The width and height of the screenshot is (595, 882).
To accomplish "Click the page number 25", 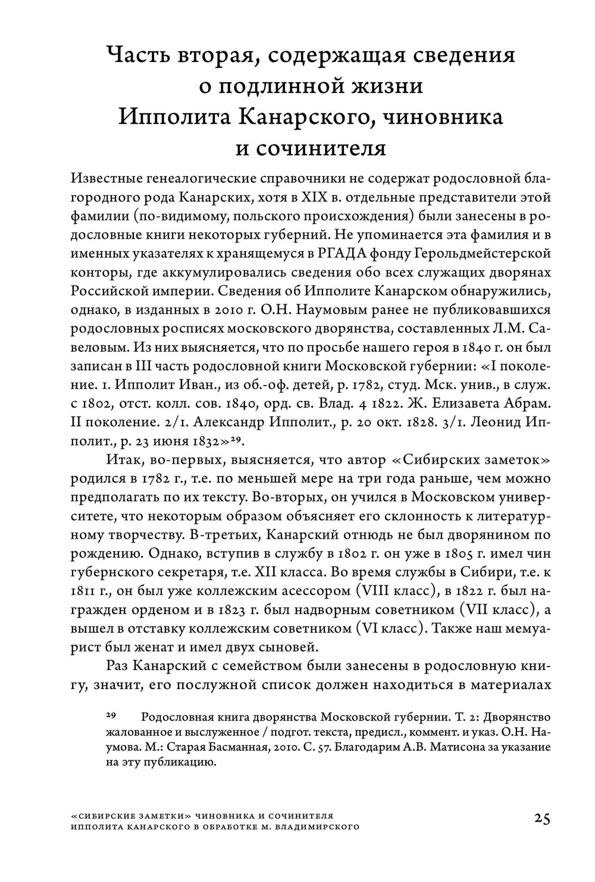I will pos(541,818).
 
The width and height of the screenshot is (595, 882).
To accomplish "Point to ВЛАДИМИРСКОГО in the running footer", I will pos(314,827).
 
